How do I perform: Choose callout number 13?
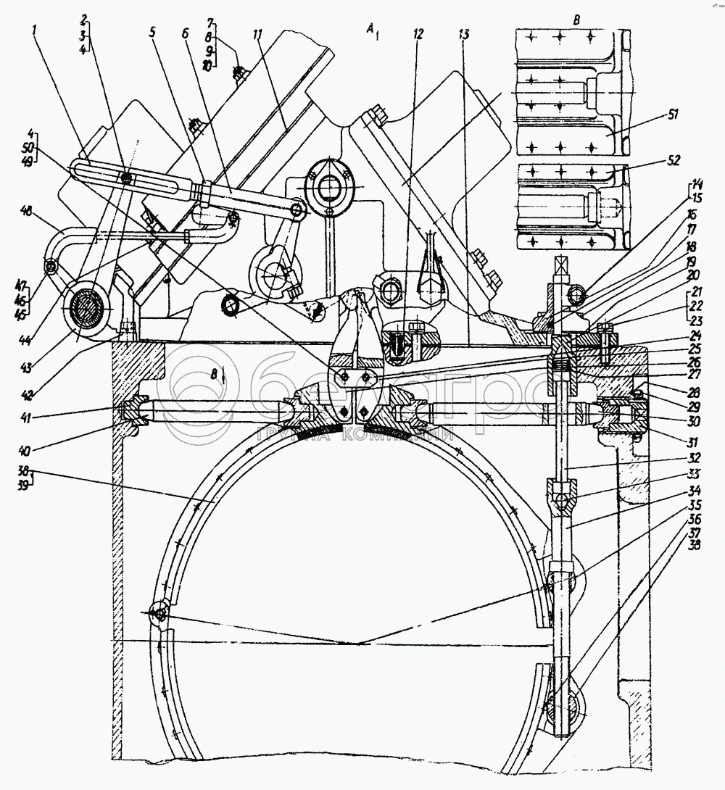(x=464, y=36)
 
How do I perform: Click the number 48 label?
(x=27, y=211)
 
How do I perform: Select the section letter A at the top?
(x=370, y=29)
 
